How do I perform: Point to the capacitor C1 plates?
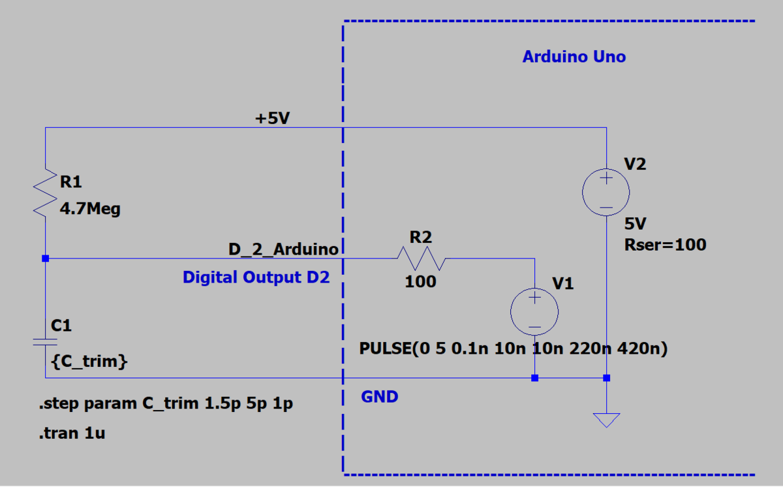45,341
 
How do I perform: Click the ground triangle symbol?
606,420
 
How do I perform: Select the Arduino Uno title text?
574,57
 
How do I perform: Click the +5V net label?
272,119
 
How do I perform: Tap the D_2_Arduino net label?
283,249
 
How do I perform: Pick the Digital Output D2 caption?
256,277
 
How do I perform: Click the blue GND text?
379,396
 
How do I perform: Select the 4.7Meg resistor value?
90,210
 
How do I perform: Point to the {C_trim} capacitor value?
89,361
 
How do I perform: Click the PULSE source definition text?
513,349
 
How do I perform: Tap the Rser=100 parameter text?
665,245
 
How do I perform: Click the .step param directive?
166,404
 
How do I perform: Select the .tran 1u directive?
72,432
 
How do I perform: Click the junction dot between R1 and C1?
45,259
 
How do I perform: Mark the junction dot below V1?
534,378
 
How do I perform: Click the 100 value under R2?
421,283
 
